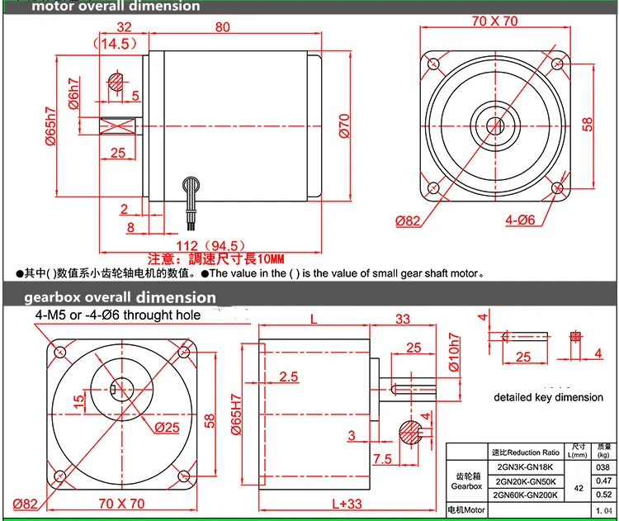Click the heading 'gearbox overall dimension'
120,297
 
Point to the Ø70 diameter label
346,125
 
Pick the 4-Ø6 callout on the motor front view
521,220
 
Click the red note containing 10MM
216,258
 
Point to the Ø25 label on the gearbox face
168,426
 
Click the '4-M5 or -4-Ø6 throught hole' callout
117,315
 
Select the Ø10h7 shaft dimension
451,354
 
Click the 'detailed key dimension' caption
549,397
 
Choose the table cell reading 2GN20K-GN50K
526,481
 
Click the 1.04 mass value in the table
603,511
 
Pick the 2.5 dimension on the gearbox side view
288,377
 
